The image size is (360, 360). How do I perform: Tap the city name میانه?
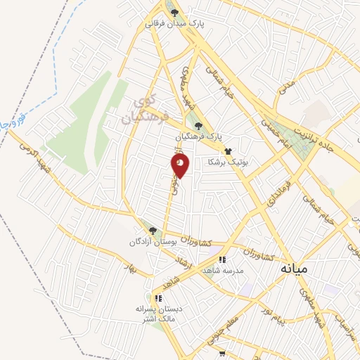pyautogui.click(x=294, y=269)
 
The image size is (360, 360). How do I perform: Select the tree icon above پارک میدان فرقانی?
pyautogui.click(x=174, y=12)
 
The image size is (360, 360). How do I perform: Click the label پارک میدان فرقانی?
pyautogui.click(x=174, y=23)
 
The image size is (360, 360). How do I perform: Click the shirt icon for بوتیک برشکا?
pyautogui.click(x=227, y=150)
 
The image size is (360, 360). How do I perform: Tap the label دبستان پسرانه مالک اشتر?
pyautogui.click(x=159, y=314)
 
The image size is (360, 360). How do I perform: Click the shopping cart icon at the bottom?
pyautogui.click(x=222, y=354)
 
